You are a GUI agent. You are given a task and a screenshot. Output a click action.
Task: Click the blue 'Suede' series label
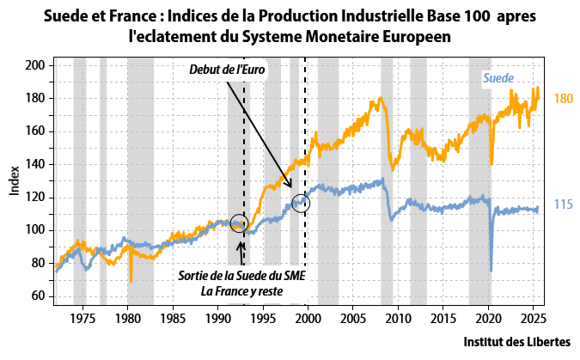[x=498, y=78]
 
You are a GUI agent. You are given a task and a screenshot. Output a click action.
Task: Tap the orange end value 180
[x=563, y=99]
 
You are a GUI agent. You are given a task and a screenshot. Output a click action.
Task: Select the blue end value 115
[x=563, y=204]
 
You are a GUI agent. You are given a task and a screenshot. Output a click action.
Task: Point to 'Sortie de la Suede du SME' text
[x=241, y=276]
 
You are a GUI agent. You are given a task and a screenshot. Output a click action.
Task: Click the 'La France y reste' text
[x=241, y=290]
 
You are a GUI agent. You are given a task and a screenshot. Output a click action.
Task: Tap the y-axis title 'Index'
[x=15, y=180]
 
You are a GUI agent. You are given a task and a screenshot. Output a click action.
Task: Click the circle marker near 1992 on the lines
[x=240, y=223]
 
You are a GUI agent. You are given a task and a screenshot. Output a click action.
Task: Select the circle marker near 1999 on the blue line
[x=301, y=204]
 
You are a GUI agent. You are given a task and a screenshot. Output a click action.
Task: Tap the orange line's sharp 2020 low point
[x=491, y=164]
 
